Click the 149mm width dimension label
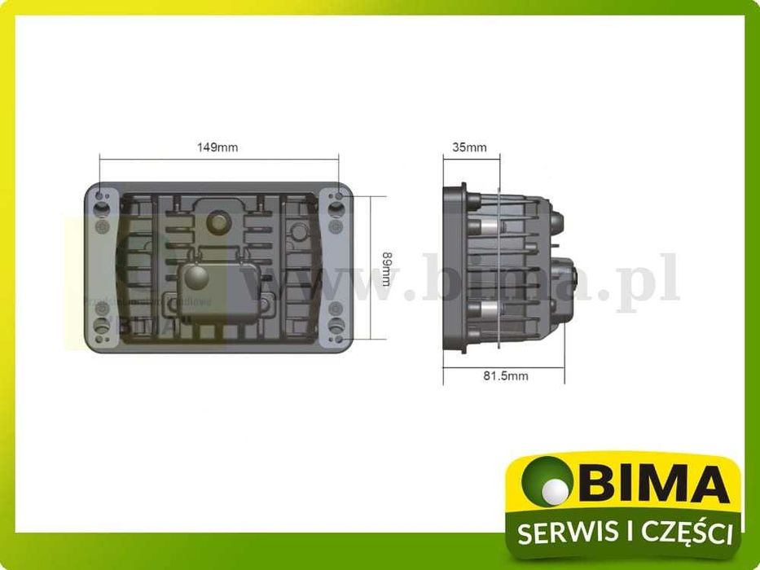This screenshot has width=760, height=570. (x=217, y=147)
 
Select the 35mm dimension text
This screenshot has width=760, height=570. (x=469, y=147)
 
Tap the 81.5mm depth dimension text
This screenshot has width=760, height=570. (x=505, y=375)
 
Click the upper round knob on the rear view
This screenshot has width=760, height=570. (x=218, y=221)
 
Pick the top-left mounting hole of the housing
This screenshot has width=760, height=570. (x=100, y=198)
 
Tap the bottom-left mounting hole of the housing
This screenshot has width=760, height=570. (x=100, y=335)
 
